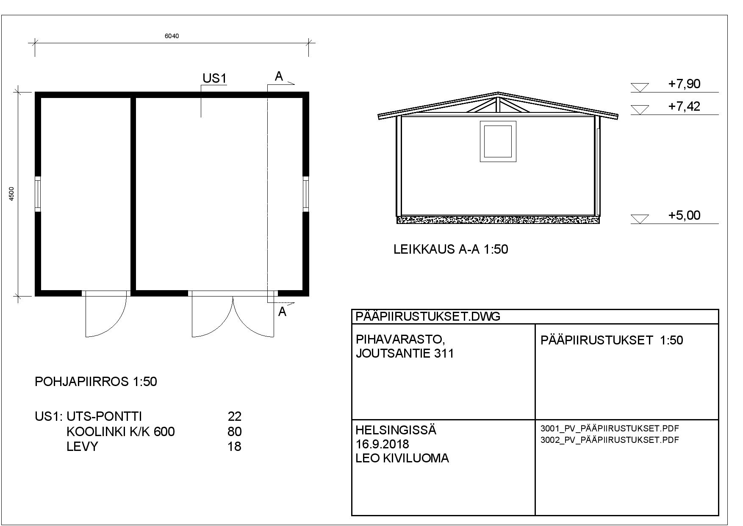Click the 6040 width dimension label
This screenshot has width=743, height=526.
(x=172, y=36)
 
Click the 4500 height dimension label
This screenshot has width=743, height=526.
(x=12, y=194)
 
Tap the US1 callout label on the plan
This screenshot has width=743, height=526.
(x=215, y=78)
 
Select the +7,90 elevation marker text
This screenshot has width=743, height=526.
(x=684, y=84)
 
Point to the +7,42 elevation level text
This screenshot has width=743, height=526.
(x=684, y=106)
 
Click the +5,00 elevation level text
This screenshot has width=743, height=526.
(x=684, y=215)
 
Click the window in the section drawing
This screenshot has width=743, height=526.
(x=498, y=141)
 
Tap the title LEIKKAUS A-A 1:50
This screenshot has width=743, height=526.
(x=451, y=249)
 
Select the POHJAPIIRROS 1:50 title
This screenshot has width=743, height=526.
(x=96, y=382)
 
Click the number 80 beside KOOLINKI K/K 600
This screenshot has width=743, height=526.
(x=235, y=432)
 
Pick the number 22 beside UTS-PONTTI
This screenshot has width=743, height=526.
(x=235, y=416)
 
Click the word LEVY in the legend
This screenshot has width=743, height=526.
(x=82, y=447)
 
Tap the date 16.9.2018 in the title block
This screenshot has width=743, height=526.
(x=382, y=444)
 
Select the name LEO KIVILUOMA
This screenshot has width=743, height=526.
(x=402, y=458)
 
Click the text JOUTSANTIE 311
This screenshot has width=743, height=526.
(x=405, y=353)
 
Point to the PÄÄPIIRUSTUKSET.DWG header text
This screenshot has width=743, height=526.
(x=428, y=316)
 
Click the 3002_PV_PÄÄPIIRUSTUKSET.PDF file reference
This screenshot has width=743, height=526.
(x=610, y=440)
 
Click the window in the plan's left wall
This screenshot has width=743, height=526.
(x=38, y=194)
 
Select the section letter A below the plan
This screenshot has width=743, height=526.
(x=283, y=312)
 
